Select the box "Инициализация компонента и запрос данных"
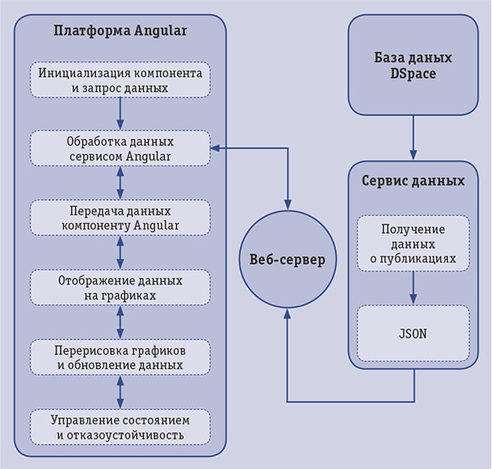point(121,79)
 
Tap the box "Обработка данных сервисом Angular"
point(121,148)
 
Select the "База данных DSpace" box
point(412,66)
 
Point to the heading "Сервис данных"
point(412,181)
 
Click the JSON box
point(412,334)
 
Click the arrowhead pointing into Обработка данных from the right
point(215,148)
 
